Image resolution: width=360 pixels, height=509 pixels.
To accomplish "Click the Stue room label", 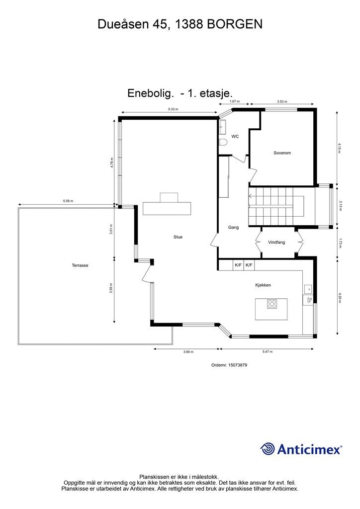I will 178,237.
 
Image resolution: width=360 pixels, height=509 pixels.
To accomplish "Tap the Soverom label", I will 282,153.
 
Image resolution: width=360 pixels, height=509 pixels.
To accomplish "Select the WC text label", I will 235,136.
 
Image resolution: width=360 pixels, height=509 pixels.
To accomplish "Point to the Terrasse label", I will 80,265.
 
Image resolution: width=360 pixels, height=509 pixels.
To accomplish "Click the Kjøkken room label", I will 263,285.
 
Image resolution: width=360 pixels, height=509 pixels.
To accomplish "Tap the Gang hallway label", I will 233,227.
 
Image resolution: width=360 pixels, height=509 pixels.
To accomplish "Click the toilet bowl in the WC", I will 223,143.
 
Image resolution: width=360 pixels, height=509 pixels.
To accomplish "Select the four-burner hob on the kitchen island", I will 272,304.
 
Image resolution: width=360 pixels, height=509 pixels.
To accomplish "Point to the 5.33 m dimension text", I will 173,109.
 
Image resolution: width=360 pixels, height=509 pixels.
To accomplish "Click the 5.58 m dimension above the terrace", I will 68,201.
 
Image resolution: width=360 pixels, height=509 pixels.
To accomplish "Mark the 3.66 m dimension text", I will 188,352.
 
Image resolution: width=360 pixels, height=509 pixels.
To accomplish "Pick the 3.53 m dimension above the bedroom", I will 282,102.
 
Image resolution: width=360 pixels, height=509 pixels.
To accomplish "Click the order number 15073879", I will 229,365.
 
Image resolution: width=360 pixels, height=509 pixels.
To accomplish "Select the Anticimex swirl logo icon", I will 268,449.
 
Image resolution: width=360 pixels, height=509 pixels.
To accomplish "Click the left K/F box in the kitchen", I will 238,265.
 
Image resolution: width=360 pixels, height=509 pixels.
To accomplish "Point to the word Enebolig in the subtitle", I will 150,92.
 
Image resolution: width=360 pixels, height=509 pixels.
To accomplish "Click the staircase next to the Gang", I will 276,206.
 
